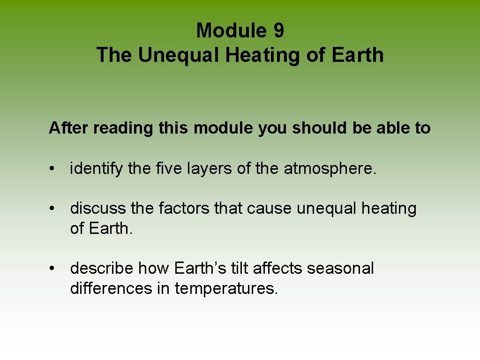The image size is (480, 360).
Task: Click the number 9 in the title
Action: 277,31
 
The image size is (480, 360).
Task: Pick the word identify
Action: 97,169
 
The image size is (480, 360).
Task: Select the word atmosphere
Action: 330,169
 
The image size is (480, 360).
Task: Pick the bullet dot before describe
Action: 55,269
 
